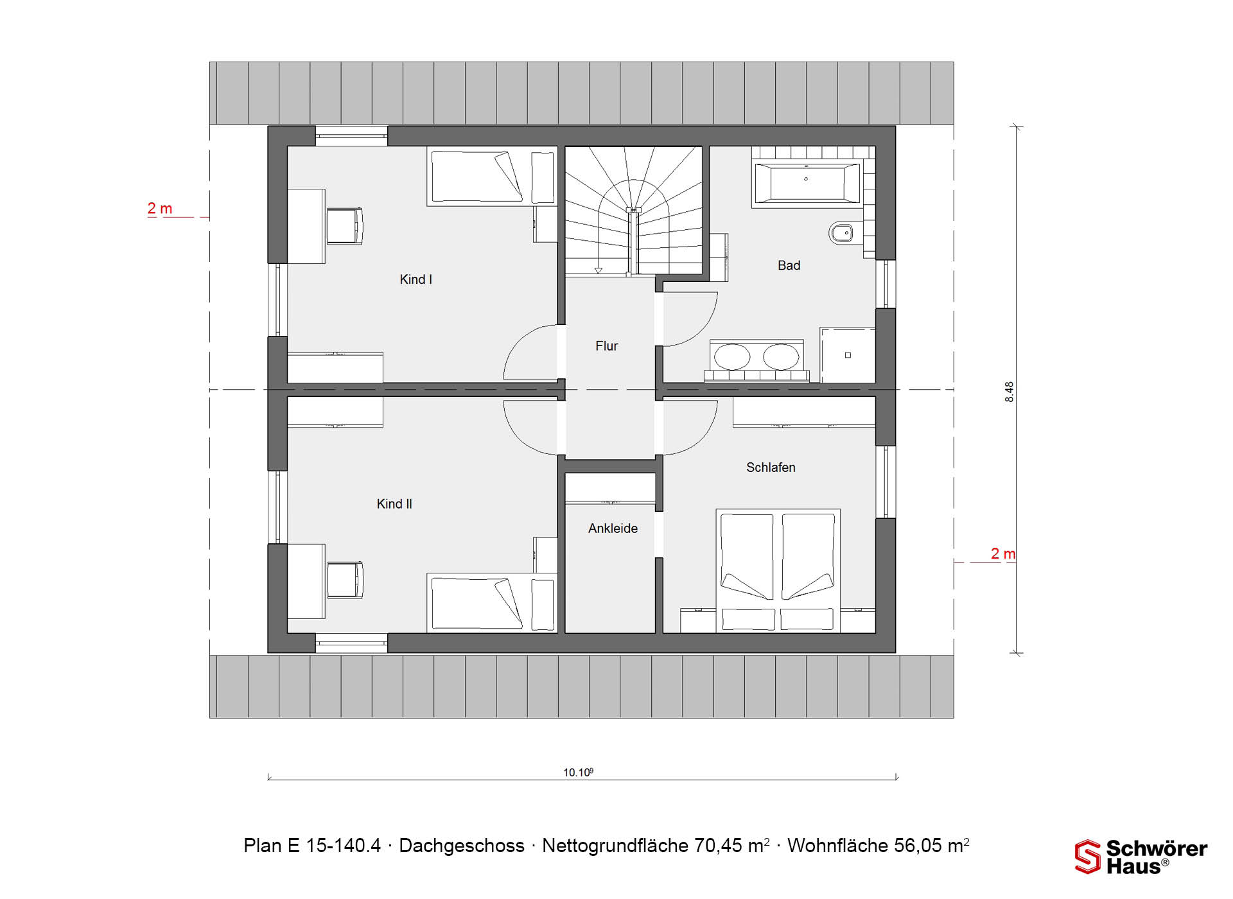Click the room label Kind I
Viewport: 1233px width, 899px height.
pyautogui.click(x=415, y=279)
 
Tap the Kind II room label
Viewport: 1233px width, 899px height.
pyautogui.click(x=394, y=504)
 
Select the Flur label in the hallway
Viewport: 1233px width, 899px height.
pyautogui.click(x=606, y=346)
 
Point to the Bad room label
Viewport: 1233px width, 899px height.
pyautogui.click(x=789, y=265)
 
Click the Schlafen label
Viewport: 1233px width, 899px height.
pyautogui.click(x=771, y=467)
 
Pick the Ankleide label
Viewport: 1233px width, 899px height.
pyautogui.click(x=613, y=528)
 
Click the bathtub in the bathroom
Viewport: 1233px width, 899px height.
pyautogui.click(x=807, y=183)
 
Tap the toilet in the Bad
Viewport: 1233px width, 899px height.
pyautogui.click(x=841, y=232)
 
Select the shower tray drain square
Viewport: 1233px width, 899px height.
pyautogui.click(x=848, y=355)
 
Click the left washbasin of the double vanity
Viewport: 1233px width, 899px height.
pyautogui.click(x=732, y=357)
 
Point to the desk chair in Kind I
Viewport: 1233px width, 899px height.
pyautogui.click(x=345, y=226)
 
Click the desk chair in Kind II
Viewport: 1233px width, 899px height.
pyautogui.click(x=345, y=580)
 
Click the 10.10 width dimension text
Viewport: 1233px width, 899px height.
pyautogui.click(x=578, y=772)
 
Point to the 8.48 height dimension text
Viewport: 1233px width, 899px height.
pyautogui.click(x=1010, y=392)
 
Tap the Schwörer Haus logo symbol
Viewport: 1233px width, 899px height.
pyautogui.click(x=1088, y=857)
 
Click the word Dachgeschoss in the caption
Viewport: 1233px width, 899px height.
pyautogui.click(x=462, y=846)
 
